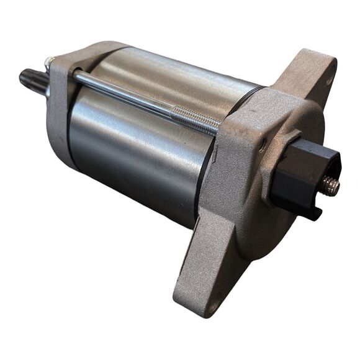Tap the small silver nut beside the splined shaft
point(49,62)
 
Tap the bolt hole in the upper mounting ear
point(327,81)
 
